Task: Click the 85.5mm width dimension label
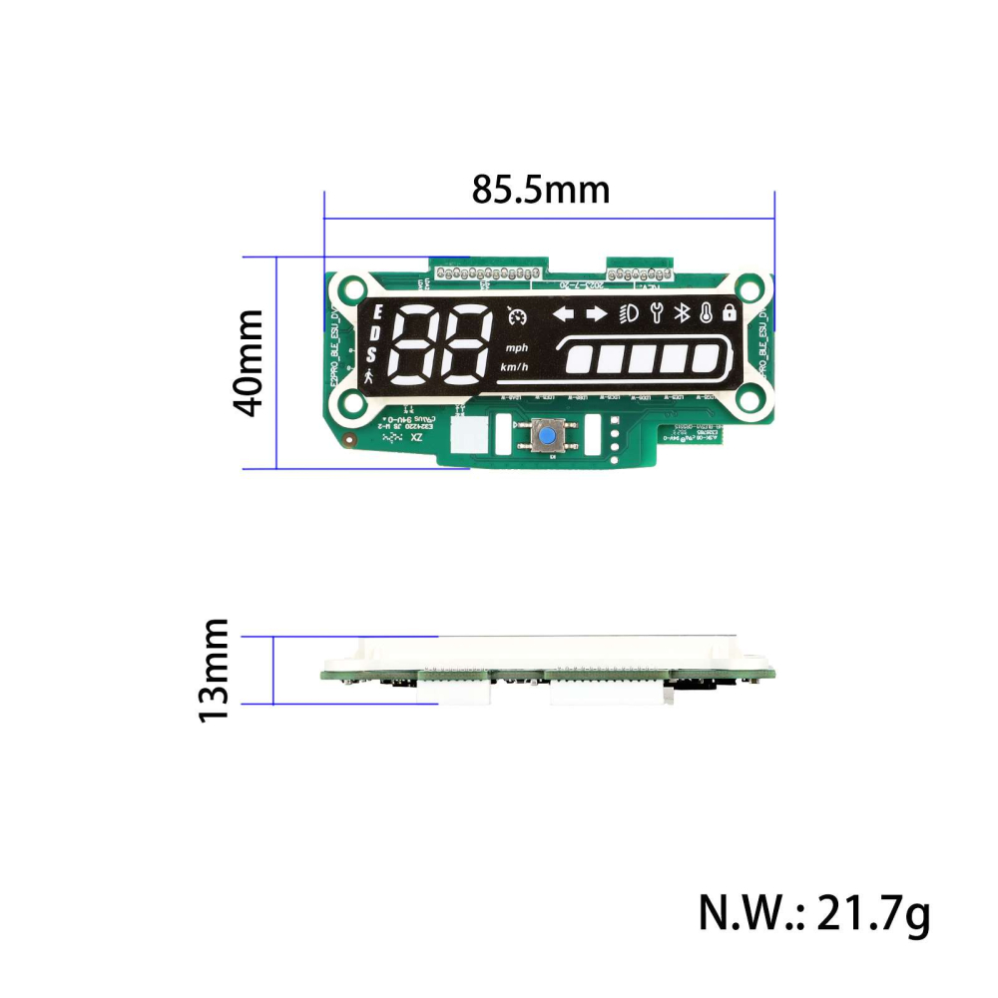coord(540,189)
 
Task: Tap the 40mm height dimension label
coord(247,362)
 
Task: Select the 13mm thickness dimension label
coord(214,670)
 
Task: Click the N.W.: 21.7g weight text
coord(813,912)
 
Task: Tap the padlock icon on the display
coord(730,312)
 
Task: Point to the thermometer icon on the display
coord(707,313)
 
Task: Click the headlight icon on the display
coord(630,314)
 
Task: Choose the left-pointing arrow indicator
coord(565,314)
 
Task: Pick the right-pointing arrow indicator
coord(597,314)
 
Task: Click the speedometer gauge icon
coord(516,316)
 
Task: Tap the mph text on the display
coord(516,348)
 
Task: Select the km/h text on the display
coord(515,368)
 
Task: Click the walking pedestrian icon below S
coord(371,377)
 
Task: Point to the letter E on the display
coord(376,314)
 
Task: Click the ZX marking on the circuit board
coord(416,438)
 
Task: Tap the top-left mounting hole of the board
coord(350,291)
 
